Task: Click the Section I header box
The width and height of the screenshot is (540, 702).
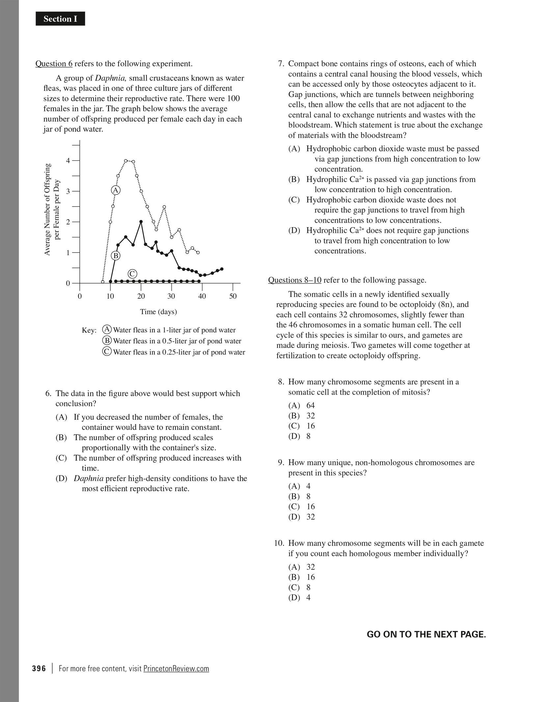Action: [x=60, y=19]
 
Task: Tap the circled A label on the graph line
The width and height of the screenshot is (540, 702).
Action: [x=116, y=190]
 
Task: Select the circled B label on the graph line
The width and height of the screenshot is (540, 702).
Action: [x=116, y=256]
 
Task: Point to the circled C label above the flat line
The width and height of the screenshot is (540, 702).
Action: [x=132, y=274]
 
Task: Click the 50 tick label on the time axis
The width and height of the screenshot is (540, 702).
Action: [x=233, y=296]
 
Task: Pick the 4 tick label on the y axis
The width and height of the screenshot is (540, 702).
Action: [x=68, y=161]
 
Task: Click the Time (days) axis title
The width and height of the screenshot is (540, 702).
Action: [x=158, y=312]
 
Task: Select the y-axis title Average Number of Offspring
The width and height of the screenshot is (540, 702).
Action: [x=47, y=209]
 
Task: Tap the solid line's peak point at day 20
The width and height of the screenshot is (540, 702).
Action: [x=141, y=222]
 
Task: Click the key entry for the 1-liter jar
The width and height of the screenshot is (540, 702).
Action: [x=170, y=330]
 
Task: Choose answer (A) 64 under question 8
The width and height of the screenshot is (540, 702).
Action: [x=301, y=406]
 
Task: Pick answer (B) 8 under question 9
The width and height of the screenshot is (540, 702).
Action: [x=299, y=497]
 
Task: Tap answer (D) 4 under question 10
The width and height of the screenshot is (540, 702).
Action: [x=299, y=598]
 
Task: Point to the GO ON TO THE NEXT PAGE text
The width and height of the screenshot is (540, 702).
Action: [x=426, y=634]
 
